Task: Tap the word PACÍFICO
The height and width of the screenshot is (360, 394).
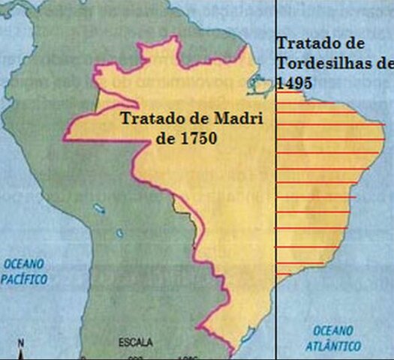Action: point(23,279)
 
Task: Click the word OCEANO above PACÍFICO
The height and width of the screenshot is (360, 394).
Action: point(23,264)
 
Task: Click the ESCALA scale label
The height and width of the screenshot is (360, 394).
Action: point(135,343)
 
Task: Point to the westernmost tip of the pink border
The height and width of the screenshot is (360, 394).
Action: point(65,137)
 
